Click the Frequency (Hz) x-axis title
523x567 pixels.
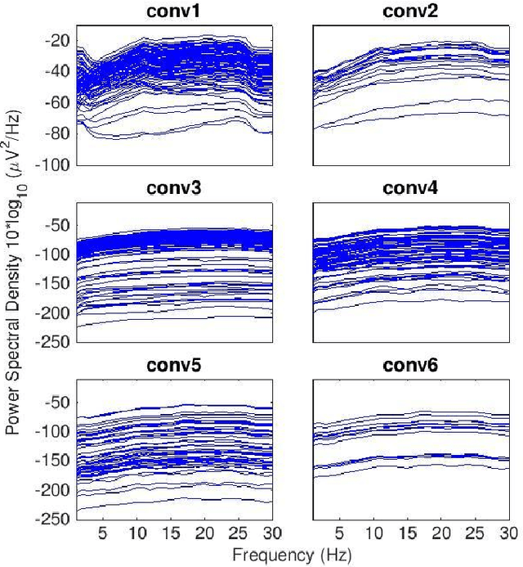pyautogui.click(x=292, y=556)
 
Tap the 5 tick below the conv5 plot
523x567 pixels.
pyautogui.click(x=103, y=533)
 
